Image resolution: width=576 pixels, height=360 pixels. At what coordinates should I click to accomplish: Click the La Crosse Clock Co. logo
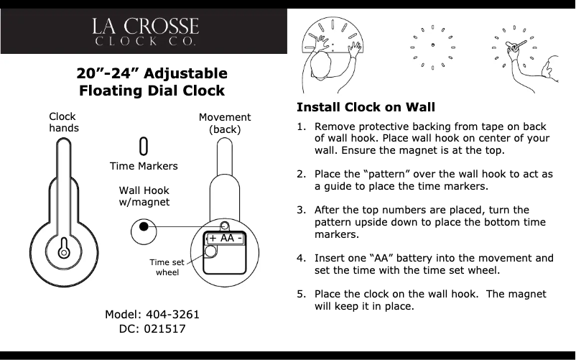point(144,32)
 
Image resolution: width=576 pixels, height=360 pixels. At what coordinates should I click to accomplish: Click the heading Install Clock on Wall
point(366,108)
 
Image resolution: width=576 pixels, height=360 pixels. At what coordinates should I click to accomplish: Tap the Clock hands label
point(64,122)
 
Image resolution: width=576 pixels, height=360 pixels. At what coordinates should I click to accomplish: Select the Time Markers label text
point(144,167)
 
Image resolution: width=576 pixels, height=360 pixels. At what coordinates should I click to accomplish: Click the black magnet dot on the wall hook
point(144,226)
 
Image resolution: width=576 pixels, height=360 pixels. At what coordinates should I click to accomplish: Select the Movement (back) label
point(224,123)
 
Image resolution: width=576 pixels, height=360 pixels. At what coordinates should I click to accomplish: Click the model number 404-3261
point(172,315)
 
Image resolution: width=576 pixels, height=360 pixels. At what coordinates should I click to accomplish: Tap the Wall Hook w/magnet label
point(144,196)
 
